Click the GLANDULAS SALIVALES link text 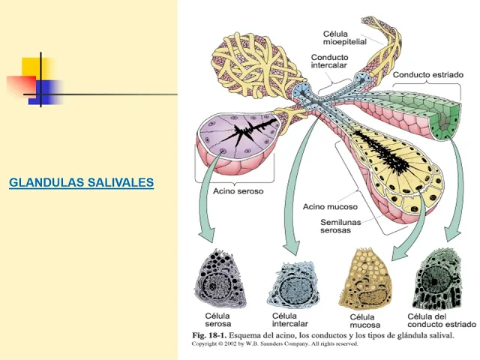[x=81, y=182]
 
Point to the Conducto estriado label [x=428, y=75]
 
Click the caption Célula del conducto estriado [x=441, y=320]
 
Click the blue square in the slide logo [x=47, y=91]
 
